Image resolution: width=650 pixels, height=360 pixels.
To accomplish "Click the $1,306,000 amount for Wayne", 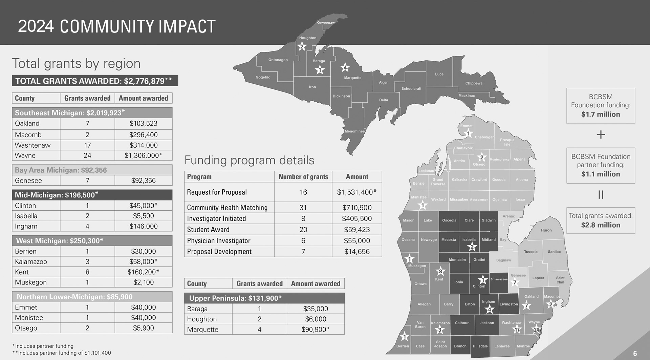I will tap(143, 155).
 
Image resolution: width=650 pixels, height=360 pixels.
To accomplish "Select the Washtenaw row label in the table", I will tap(32, 145).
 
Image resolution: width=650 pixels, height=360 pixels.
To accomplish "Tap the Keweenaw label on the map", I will tap(325, 23).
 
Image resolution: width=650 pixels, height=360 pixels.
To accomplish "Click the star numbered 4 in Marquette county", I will tap(345, 68).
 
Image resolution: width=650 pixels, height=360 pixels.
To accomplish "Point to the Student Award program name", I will tap(208, 230).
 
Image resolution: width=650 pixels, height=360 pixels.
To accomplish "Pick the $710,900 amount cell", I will tap(356, 208).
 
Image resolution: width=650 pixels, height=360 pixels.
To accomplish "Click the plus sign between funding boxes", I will tap(601, 135).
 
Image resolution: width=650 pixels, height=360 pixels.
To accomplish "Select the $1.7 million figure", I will tap(601, 114).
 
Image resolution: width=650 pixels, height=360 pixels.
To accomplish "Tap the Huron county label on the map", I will tap(546, 230).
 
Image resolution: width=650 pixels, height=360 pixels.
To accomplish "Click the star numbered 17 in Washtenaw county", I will tap(517, 330).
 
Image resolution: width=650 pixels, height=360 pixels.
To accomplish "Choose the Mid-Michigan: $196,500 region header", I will tap(57, 195).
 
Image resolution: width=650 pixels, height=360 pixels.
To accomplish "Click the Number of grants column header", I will tap(303, 177).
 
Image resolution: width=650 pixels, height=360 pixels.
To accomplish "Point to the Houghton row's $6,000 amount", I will tap(316, 319).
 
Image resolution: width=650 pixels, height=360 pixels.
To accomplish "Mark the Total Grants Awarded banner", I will tap(95, 81).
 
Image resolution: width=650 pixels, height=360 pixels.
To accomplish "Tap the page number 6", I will tap(635, 354).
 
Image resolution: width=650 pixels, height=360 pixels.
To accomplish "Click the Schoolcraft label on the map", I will tap(411, 89).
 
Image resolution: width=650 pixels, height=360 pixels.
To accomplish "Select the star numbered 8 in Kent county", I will tap(440, 271).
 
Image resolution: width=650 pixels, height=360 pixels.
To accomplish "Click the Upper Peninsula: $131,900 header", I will tap(235, 298).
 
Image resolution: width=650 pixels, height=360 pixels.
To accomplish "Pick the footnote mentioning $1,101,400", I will tap(62, 353).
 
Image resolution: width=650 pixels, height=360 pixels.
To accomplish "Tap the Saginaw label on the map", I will tap(503, 260).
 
